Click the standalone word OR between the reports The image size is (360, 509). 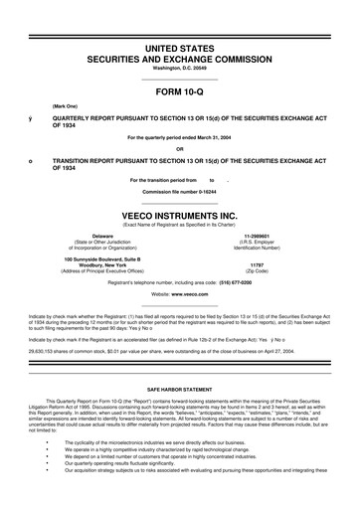[180, 150]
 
